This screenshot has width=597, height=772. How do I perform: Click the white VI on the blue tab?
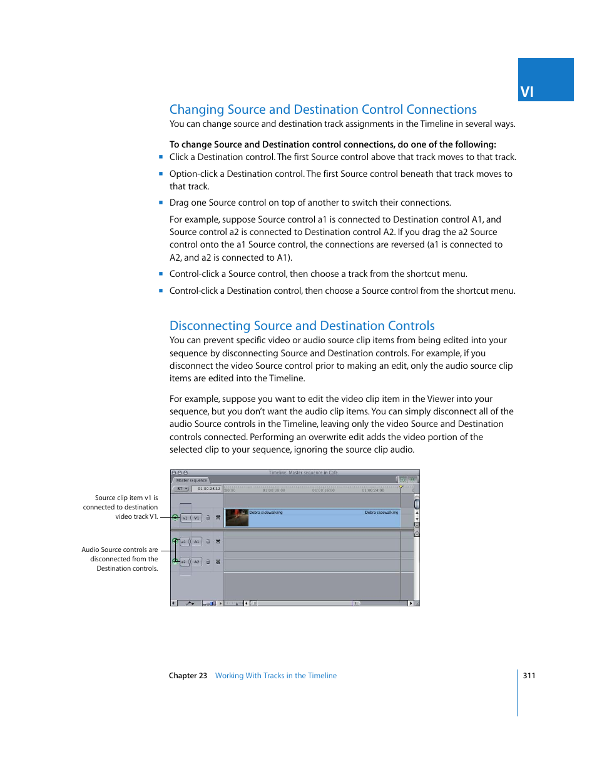pyautogui.click(x=527, y=92)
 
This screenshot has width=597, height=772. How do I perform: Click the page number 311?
pyautogui.click(x=529, y=675)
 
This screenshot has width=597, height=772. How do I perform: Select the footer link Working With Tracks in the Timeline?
pyautogui.click(x=275, y=675)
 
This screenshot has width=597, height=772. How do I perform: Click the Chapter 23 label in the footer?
pyautogui.click(x=188, y=675)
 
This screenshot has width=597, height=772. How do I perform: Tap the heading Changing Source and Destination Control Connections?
pyautogui.click(x=323, y=109)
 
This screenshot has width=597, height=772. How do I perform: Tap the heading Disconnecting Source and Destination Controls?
pyautogui.click(x=302, y=326)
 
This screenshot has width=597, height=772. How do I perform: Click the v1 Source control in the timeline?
pyautogui.click(x=185, y=518)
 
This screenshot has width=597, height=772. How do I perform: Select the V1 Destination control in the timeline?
pyautogui.click(x=196, y=518)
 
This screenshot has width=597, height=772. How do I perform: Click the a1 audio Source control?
pyautogui.click(x=184, y=542)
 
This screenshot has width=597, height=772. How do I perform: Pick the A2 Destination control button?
pyautogui.click(x=196, y=562)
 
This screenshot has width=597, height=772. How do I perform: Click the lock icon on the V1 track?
pyautogui.click(x=208, y=518)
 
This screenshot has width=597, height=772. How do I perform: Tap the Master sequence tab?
pyautogui.click(x=191, y=480)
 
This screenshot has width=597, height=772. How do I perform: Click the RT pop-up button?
pyautogui.click(x=181, y=489)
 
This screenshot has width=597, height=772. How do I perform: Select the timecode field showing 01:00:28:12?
pyautogui.click(x=208, y=489)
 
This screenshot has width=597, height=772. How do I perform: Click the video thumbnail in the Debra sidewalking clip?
pyautogui.click(x=237, y=518)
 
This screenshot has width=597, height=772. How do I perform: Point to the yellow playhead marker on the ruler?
pyautogui.click(x=401, y=486)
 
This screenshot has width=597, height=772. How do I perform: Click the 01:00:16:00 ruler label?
pyautogui.click(x=324, y=490)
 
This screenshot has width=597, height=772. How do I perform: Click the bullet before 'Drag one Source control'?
pyautogui.click(x=161, y=203)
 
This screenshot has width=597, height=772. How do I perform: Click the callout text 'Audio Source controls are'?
pyautogui.click(x=120, y=549)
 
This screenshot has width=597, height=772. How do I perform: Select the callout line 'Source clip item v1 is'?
pyautogui.click(x=126, y=498)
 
